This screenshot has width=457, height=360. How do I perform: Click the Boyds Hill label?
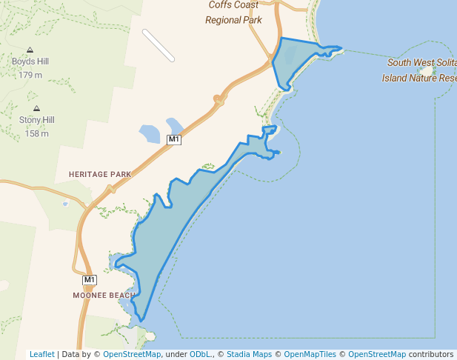(30, 62)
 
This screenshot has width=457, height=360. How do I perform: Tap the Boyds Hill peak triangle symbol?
(30, 50)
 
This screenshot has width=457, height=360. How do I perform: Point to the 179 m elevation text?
(30, 75)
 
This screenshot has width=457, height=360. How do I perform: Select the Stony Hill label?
(37, 120)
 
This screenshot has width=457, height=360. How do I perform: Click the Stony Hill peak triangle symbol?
(36, 108)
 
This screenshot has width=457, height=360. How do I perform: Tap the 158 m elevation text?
(37, 133)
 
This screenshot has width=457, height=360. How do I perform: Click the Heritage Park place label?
(99, 174)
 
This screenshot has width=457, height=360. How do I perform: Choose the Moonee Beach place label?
(104, 296)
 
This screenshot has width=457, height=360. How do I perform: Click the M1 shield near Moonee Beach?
(90, 280)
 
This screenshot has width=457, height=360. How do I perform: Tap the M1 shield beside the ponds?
(174, 139)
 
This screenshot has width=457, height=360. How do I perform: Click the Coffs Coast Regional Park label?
(233, 13)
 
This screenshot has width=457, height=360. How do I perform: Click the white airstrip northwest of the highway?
(159, 45)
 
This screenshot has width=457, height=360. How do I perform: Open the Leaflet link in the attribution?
(41, 354)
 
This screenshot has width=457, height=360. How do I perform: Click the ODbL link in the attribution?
(200, 354)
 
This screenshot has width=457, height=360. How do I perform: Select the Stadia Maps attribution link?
(249, 354)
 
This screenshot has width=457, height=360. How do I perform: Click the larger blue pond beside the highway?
(150, 134)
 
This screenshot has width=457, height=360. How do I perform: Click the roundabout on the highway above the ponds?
(219, 99)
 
